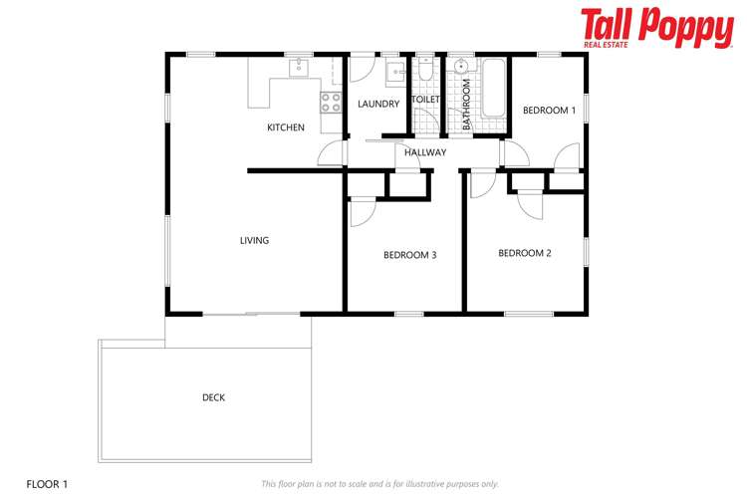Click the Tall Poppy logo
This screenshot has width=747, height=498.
(x=655, y=28)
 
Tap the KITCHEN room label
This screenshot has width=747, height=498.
(x=286, y=127)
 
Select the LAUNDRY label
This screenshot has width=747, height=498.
(x=378, y=104)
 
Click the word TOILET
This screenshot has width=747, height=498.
(x=426, y=101)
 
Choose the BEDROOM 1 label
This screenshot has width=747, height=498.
(x=549, y=111)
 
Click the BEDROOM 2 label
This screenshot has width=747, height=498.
(x=524, y=253)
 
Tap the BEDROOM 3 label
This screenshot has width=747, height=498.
(x=409, y=255)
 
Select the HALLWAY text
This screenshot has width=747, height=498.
(x=425, y=152)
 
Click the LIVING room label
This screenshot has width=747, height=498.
(x=254, y=240)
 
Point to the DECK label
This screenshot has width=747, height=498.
(x=213, y=397)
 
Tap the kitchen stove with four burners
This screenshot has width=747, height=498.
(x=330, y=101)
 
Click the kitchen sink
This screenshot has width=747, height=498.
(x=298, y=68)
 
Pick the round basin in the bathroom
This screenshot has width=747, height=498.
(x=461, y=68)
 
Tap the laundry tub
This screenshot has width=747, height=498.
(x=393, y=70)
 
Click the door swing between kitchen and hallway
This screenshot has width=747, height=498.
(x=330, y=154)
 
